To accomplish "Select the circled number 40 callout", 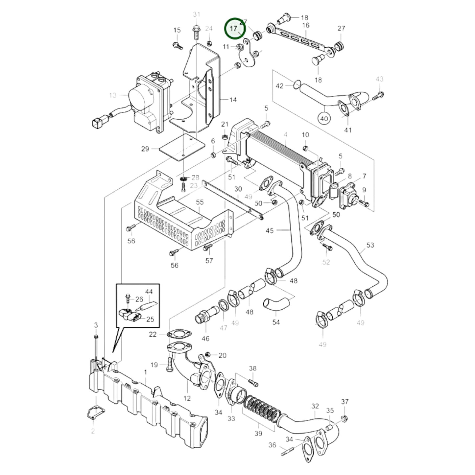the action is point(324,118).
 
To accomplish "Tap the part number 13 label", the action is point(113,95).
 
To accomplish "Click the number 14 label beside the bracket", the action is point(233,100).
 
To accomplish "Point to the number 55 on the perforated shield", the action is point(200,202).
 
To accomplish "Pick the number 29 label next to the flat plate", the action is point(145,149).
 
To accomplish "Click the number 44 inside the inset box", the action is point(149,292).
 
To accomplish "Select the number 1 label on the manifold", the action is point(145,372).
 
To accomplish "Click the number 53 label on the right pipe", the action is point(370,245).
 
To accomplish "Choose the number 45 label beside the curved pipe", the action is point(270,231).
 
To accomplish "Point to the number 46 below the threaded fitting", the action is point(205,338).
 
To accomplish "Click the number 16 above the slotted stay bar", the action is point(306,25).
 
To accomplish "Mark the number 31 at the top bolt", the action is point(196,14).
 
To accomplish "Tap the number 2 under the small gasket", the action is point(93,431).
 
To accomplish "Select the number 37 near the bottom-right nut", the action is point(344,402).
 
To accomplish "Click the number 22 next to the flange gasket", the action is point(153,334).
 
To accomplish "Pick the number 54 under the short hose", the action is point(276,322).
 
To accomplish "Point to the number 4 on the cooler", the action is point(286,134).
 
